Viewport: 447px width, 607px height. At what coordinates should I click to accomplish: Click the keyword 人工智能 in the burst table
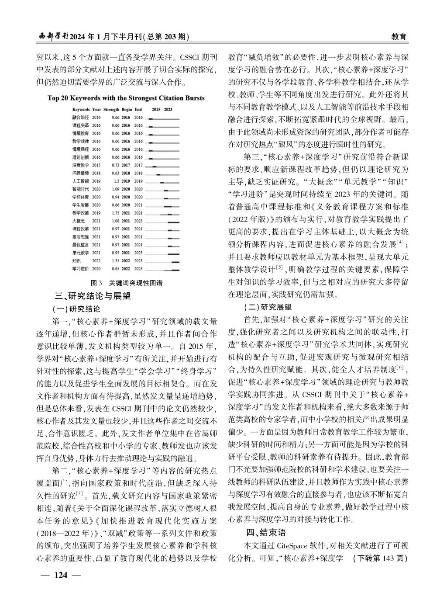tap(80, 181)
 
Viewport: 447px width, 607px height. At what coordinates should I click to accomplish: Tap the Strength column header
tap(111, 109)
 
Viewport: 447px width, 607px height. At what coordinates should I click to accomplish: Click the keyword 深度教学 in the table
tap(80, 165)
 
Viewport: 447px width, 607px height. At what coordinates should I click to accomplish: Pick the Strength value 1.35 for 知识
tap(116, 260)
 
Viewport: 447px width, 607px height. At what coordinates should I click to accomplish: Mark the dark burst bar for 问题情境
tap(158, 173)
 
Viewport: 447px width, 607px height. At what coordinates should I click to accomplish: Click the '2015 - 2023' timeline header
tap(162, 109)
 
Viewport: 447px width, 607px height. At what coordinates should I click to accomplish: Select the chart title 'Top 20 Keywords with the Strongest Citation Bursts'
tap(126, 98)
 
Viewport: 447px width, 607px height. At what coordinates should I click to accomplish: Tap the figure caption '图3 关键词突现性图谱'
tap(126, 283)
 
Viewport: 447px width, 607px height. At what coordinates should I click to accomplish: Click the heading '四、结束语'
tap(265, 533)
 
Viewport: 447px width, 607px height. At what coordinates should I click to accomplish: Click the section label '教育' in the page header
tap(399, 37)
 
